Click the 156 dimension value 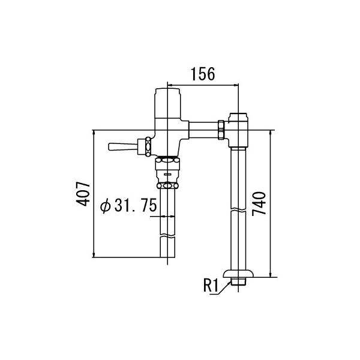[203, 74]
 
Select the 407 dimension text [83, 194]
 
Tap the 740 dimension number [259, 203]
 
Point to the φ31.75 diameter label [128, 205]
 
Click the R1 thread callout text [211, 286]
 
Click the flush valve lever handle [122, 147]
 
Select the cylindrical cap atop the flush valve [167, 103]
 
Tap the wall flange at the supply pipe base [239, 274]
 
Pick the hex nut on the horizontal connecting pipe [221, 130]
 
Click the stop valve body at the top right [238, 130]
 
